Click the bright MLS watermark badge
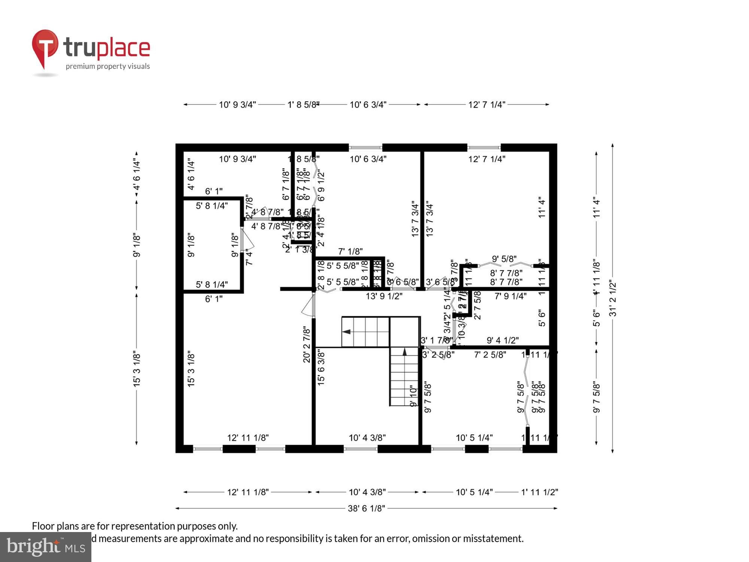(x=45, y=547)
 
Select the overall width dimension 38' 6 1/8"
(x=366, y=508)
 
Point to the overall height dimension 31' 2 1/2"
(x=613, y=298)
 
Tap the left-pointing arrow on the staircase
(x=346, y=332)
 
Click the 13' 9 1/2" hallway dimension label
(x=384, y=296)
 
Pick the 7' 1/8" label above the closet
(x=350, y=251)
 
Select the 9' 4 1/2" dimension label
(x=503, y=340)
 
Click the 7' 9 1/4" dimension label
(x=510, y=296)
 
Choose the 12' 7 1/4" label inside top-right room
(x=486, y=159)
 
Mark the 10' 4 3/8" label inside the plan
(x=367, y=438)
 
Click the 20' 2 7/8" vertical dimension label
(x=307, y=344)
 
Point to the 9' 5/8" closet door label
(x=504, y=259)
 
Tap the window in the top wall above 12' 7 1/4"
(x=484, y=148)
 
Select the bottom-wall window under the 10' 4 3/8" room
(x=360, y=448)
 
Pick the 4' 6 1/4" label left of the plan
(x=137, y=175)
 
